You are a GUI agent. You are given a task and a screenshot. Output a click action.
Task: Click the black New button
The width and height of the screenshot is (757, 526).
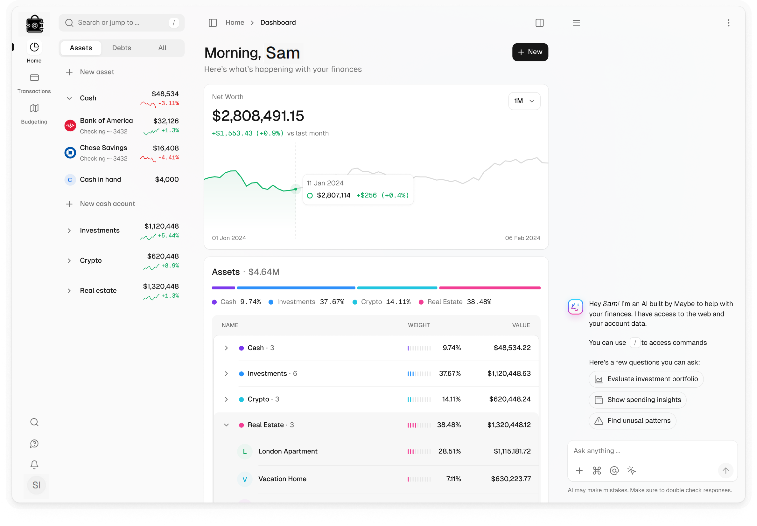tap(530, 52)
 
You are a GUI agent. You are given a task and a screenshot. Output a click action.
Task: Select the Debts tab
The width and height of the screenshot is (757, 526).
tap(121, 48)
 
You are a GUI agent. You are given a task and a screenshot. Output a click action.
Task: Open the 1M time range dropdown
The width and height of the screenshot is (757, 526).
tap(524, 101)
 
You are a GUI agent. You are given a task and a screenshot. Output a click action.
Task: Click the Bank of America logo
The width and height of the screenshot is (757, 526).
tap(70, 126)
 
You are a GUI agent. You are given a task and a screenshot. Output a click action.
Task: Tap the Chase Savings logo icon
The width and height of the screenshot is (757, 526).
tap(70, 153)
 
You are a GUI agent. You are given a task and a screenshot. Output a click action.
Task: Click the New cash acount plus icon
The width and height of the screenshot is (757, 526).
tap(69, 204)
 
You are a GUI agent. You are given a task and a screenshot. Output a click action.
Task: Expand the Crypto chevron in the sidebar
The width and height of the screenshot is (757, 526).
tap(69, 261)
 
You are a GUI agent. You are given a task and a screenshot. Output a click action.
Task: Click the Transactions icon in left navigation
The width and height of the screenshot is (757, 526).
tap(34, 78)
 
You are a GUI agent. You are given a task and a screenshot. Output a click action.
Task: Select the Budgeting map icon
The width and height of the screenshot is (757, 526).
tap(34, 108)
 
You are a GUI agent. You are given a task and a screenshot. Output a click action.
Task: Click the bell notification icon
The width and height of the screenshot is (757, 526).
tap(34, 465)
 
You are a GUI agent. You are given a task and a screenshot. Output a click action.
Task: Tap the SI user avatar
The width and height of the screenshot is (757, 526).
tap(36, 485)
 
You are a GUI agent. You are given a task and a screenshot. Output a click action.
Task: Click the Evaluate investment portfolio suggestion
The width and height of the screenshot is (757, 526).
tap(646, 379)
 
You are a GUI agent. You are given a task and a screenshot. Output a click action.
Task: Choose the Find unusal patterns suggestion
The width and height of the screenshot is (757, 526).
tap(632, 421)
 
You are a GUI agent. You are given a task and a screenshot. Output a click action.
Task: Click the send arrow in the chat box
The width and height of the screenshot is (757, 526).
tap(726, 471)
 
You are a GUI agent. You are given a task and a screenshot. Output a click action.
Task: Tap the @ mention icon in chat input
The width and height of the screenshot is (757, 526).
tap(614, 471)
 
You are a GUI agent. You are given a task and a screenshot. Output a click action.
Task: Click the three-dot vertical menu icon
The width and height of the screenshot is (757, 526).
tap(729, 23)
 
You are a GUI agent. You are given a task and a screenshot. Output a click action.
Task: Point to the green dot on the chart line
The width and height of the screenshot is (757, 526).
tap(296, 189)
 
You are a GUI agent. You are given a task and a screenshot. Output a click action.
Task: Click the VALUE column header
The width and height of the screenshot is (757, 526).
tap(521, 325)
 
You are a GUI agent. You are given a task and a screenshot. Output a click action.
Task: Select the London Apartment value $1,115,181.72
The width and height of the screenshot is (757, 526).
tap(512, 452)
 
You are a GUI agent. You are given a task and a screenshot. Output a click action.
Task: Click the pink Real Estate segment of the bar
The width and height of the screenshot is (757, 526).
tap(490, 288)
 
